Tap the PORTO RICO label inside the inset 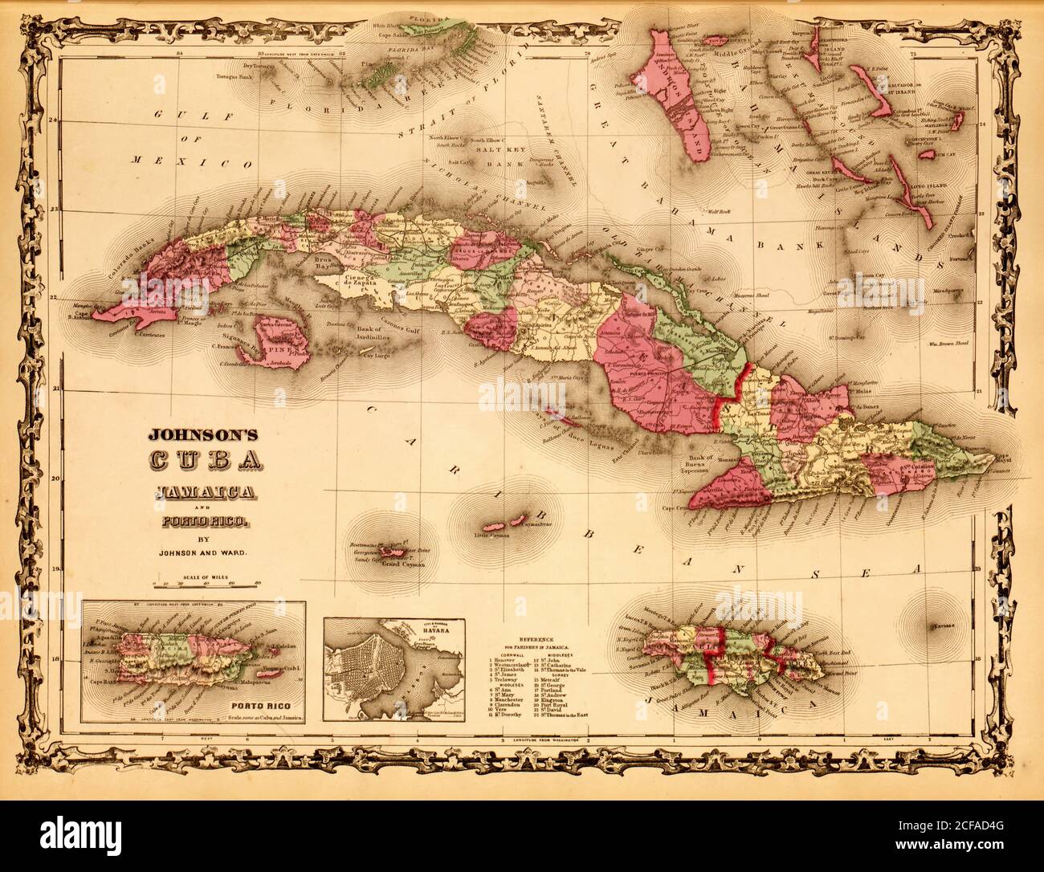(260, 707)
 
